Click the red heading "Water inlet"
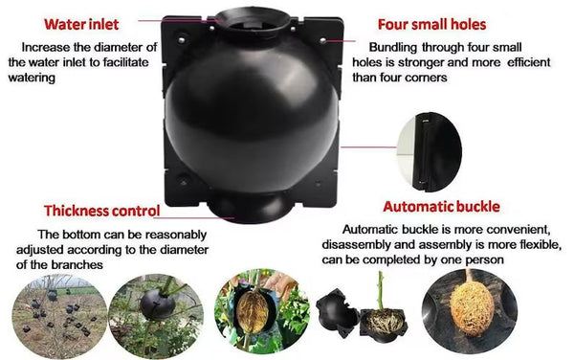click(81, 25)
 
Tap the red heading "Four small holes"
click(432, 25)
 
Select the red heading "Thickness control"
click(102, 211)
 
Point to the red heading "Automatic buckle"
click(441, 207)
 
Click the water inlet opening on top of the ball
click(253, 20)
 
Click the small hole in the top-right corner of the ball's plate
click(323, 40)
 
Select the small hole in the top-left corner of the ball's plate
click(182, 39)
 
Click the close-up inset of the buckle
click(429, 152)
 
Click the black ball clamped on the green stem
click(158, 304)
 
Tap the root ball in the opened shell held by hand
click(251, 311)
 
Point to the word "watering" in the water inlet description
click(32, 78)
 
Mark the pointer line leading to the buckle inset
click(368, 147)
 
